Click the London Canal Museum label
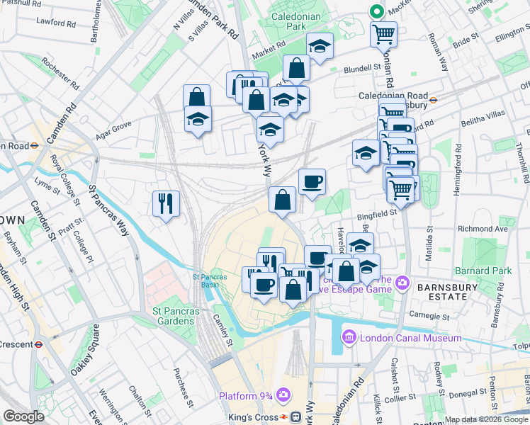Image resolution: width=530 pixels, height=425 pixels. pyautogui.click(x=411, y=338)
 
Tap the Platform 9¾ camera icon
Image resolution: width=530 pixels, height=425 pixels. pyautogui.click(x=283, y=395)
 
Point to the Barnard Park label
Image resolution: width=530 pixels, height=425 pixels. pyautogui.click(x=493, y=271)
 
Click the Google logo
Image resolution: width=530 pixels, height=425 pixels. pyautogui.click(x=23, y=416)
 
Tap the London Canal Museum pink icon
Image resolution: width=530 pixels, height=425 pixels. pyautogui.click(x=349, y=338)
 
